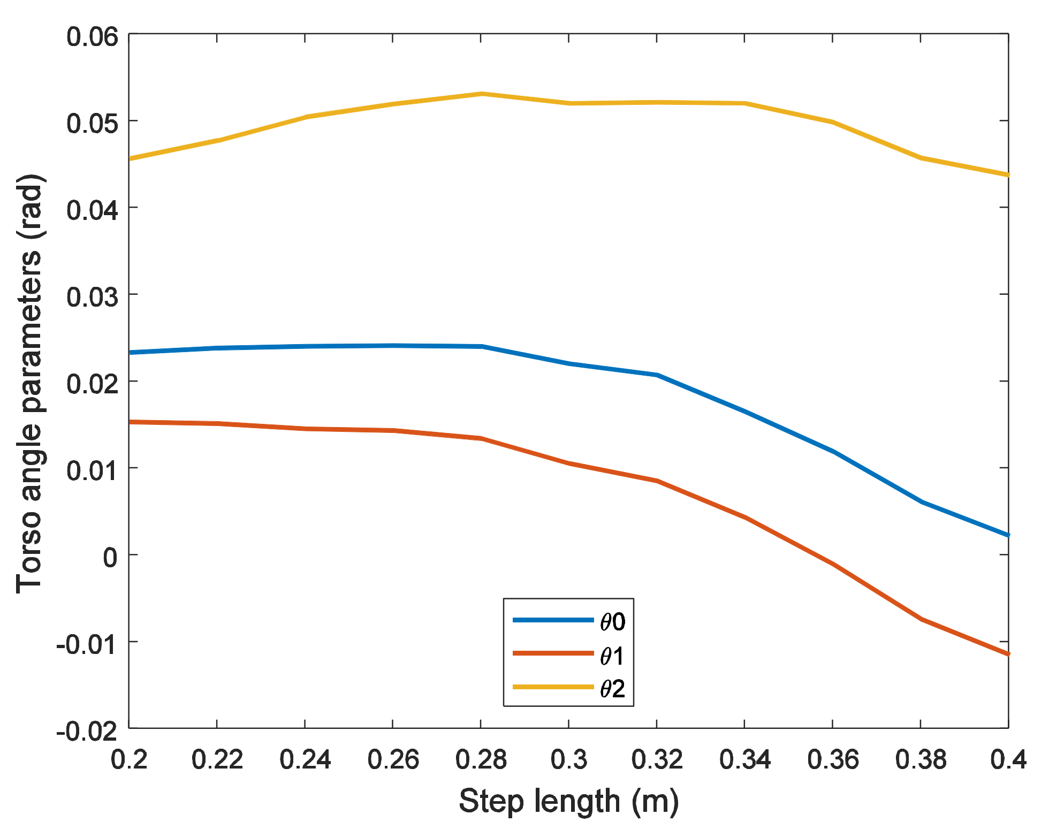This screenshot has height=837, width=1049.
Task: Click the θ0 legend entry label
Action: pos(612,622)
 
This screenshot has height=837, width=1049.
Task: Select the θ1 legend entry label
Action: pos(612,656)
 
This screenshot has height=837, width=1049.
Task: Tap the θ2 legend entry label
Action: pos(612,689)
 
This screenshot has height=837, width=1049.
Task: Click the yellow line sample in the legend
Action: pos(553,687)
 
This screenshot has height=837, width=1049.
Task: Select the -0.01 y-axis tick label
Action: pos(86,644)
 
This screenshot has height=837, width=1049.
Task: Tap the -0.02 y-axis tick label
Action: pos(86,731)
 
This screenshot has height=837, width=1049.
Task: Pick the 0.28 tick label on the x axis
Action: pos(481,759)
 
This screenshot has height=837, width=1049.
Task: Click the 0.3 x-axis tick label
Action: pos(568,759)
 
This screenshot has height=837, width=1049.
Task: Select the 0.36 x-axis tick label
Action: pos(833,759)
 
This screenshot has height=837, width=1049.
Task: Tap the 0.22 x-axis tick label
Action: pos(217,759)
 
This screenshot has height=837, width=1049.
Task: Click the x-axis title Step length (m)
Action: pos(568,801)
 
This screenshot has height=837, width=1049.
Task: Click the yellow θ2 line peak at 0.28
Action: pos(481,94)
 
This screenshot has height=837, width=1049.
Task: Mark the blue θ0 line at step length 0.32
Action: pos(657,375)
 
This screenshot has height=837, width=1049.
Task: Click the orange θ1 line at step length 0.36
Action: pos(833,564)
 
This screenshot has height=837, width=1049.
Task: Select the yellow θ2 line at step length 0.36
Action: pos(833,122)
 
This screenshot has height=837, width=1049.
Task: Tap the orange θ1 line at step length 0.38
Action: pos(921,619)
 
